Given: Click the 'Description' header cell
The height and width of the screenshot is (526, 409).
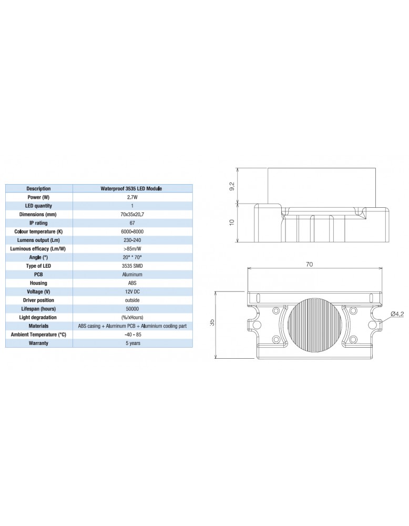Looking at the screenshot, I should pos(38,188).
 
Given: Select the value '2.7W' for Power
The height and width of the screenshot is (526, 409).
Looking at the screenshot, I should pos(132,197).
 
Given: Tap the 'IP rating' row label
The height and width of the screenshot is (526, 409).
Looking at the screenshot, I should pos(38,223).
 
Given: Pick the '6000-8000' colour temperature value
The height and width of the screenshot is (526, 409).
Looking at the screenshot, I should pos(132,231).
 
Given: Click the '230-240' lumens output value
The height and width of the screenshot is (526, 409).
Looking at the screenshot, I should pos(132,240).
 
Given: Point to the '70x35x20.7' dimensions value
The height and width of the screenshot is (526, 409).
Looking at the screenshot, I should pos(132,214).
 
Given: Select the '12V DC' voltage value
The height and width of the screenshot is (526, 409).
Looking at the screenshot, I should pos(132,291).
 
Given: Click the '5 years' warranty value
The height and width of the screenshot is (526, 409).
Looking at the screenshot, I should pos(132,343).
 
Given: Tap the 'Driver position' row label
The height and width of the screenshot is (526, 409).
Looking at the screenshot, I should pos(38,300).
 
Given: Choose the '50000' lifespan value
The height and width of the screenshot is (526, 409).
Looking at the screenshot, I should pos(132,309).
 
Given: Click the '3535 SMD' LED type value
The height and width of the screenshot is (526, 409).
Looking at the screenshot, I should pos(132,266).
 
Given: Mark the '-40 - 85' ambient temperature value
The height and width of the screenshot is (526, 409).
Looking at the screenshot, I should pos(132,335).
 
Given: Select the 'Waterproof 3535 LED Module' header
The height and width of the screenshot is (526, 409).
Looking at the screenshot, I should pos(132,188).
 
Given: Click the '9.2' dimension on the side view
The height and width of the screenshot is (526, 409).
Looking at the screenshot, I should pos(232,186).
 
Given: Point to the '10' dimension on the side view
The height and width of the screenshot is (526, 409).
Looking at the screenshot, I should pos(232,223).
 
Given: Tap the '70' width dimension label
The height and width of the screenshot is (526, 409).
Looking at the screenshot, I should pos(309,265).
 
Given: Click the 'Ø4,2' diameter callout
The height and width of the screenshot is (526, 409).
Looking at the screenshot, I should pos(397,314).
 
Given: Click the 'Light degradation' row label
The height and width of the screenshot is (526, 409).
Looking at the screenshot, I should pos(38,317).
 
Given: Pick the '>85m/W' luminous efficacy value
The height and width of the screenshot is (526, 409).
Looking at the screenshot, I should pos(132,248).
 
